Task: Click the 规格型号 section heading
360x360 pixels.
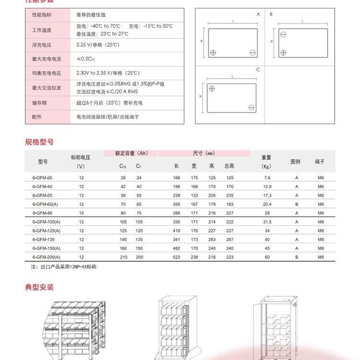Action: pos(39,142)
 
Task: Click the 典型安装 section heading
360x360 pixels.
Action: pos(39,288)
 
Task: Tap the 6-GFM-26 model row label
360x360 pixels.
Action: pos(42,178)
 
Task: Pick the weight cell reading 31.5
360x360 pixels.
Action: pos(267,222)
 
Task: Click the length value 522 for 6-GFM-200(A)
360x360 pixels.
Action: pos(176,257)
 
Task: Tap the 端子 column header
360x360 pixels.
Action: pos(320,162)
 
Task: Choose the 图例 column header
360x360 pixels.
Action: pos(295,162)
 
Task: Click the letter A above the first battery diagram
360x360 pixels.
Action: pos(258,14)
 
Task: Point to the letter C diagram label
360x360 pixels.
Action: pos(258,70)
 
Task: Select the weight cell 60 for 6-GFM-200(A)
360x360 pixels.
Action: pos(267,257)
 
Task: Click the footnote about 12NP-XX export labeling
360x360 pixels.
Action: pos(64,266)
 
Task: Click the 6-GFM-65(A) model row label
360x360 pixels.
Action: pos(44,204)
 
